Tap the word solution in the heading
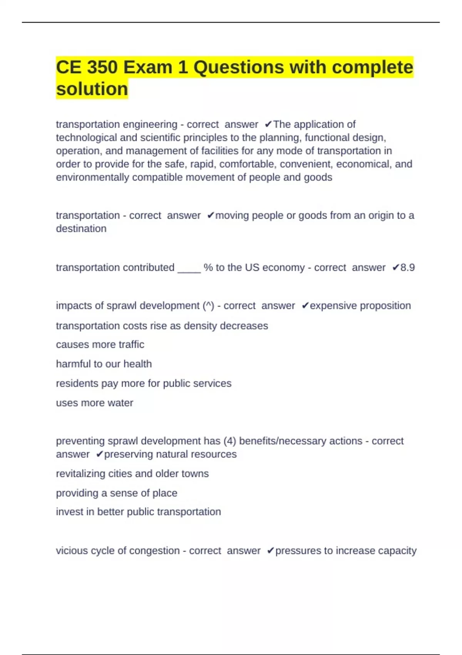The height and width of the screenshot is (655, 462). click(92, 89)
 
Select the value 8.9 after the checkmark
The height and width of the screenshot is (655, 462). click(408, 267)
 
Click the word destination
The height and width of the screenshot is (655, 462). click(81, 228)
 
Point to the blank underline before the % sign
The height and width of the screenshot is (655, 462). click(189, 269)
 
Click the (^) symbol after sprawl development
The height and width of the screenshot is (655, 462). click(208, 306)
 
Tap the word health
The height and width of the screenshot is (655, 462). click(137, 364)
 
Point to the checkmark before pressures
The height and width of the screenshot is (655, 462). click(270, 551)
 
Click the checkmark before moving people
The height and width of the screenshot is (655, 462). click(210, 215)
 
